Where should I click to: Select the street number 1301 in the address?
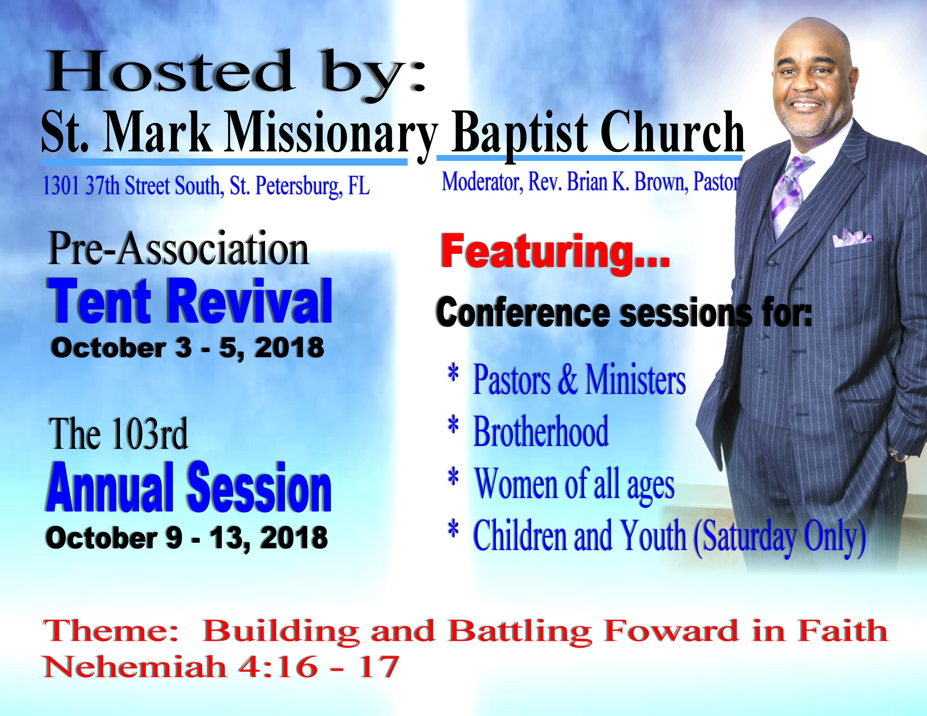61,186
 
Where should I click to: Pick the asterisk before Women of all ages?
454,477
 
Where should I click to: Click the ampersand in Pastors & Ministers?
568,379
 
